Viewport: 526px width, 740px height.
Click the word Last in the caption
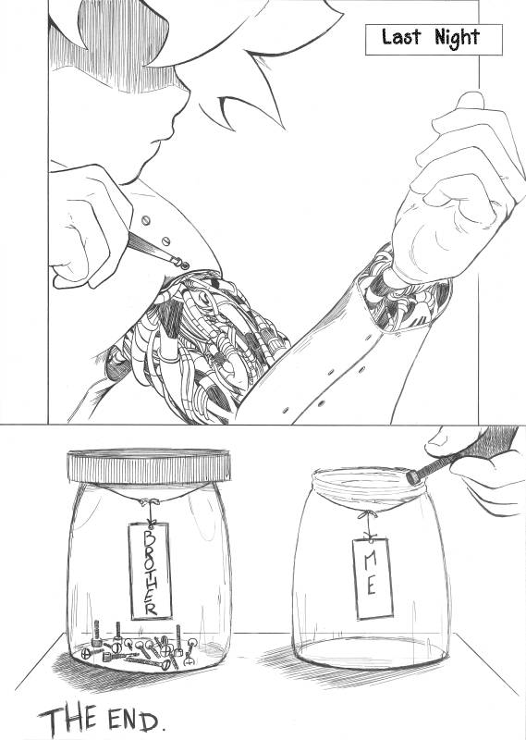(x=401, y=37)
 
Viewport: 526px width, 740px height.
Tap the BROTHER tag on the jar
(x=150, y=571)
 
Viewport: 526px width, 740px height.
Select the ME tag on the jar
(x=373, y=578)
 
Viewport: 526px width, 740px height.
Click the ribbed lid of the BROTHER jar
(x=149, y=465)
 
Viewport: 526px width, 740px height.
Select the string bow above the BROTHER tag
(x=150, y=502)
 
